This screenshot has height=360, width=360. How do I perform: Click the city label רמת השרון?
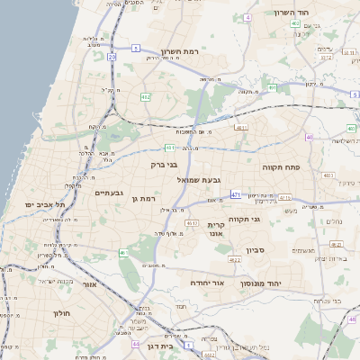click(x=184, y=52)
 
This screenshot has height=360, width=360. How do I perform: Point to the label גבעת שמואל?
click(x=192, y=180)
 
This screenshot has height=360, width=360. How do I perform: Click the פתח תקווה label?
click(x=280, y=167)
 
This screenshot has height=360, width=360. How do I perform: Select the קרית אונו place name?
click(x=215, y=229)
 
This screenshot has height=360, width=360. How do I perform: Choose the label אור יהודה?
click(x=206, y=283)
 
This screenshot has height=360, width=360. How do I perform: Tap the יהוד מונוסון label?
click(x=260, y=283)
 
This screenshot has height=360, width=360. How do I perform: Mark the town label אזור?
click(x=88, y=283)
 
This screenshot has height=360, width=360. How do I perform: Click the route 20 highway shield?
click(x=112, y=57)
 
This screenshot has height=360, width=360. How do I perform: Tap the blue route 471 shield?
click(x=235, y=194)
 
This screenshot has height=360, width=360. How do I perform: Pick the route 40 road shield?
click(x=309, y=138)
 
